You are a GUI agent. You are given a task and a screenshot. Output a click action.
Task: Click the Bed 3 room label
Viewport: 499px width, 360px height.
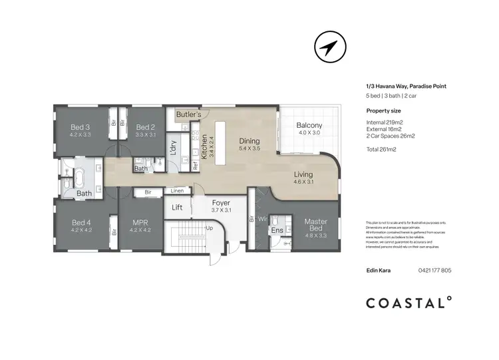(x=80, y=127)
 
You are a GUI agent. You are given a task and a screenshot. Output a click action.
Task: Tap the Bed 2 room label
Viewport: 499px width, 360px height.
(x=146, y=127)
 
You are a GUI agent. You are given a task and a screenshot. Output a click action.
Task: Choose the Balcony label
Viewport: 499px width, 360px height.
(x=309, y=126)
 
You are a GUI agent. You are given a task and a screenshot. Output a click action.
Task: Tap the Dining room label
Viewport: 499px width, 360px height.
(x=249, y=141)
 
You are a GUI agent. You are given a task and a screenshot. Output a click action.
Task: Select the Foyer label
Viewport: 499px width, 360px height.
(x=221, y=203)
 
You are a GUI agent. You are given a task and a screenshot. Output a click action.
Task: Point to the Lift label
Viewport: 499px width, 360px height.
(x=177, y=208)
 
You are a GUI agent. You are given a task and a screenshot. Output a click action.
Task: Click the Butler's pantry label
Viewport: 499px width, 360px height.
(x=189, y=115)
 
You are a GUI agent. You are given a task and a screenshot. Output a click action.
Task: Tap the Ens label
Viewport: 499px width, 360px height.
(x=276, y=230)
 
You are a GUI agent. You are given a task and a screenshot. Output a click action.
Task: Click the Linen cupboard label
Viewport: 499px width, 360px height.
(x=177, y=192)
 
